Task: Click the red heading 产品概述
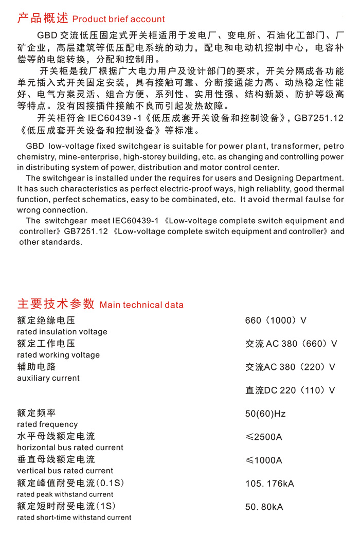[43, 19]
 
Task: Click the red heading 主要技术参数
[56, 304]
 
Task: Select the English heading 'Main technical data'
[141, 305]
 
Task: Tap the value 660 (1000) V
[276, 320]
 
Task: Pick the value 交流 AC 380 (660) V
[291, 344]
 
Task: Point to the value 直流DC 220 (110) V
[290, 390]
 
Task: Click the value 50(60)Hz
[265, 414]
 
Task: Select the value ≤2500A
[264, 437]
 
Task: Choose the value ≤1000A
[264, 460]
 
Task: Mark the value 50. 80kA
[264, 507]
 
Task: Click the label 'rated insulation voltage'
[62, 332]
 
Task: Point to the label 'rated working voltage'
[59, 355]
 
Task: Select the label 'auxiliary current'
[48, 378]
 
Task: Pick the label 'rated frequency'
[47, 424]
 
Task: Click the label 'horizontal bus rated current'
[70, 448]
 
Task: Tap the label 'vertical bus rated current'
[65, 471]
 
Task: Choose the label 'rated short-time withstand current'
[74, 518]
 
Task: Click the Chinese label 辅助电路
[37, 367]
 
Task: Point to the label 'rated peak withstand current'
[65, 494]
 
